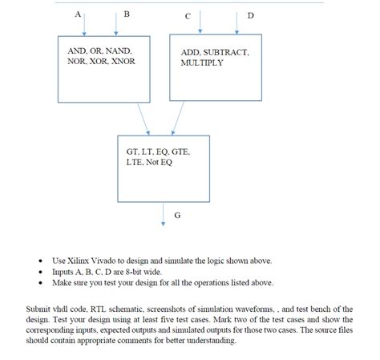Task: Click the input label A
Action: coord(77,14)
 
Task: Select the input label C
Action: coord(186,15)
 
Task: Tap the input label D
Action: coord(250,15)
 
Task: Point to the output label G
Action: coord(177,215)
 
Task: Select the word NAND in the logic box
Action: coord(115,51)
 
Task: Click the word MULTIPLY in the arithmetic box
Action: coord(202,63)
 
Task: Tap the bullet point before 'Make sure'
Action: coord(41,283)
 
